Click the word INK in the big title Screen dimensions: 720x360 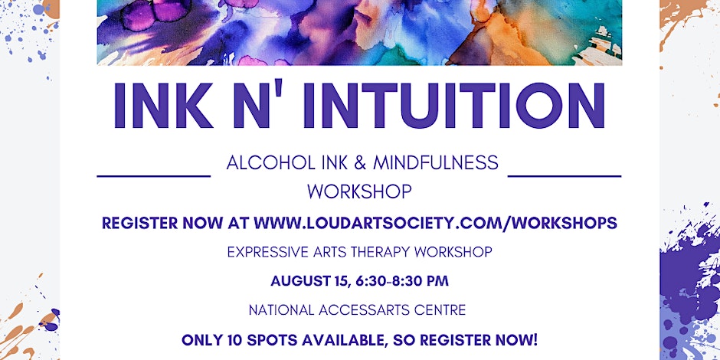tap(163, 105)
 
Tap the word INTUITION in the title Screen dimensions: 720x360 tap(454, 105)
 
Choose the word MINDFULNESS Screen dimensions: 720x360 tap(436, 163)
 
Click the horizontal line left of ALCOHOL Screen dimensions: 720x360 tap(154, 176)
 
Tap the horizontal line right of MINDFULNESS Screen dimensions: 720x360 tap(565, 176)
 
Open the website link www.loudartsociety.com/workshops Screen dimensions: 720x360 tap(435, 223)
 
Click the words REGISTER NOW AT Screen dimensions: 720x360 tap(175, 223)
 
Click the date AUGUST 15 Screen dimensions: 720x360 tap(310, 280)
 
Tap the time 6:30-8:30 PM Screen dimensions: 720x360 tap(401, 280)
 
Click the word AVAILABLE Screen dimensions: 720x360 tap(352, 340)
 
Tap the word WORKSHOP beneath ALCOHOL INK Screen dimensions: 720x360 tap(359, 192)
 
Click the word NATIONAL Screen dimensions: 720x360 tap(282, 310)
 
